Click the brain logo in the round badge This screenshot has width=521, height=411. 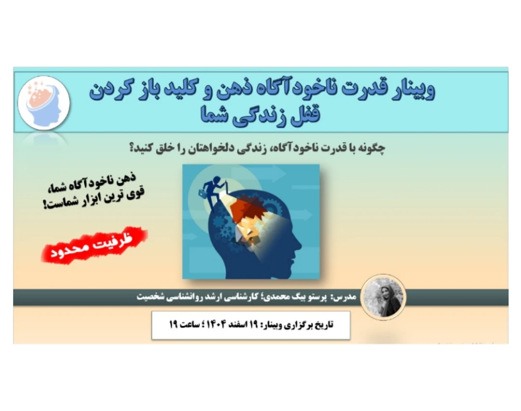point(44,102)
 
